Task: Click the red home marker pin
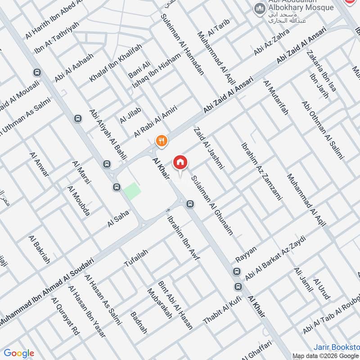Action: pyautogui.click(x=180, y=162)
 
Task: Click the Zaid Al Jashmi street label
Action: pyautogui.click(x=209, y=149)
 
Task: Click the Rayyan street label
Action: pyautogui.click(x=246, y=255)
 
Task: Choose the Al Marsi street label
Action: pyautogui.click(x=81, y=171)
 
